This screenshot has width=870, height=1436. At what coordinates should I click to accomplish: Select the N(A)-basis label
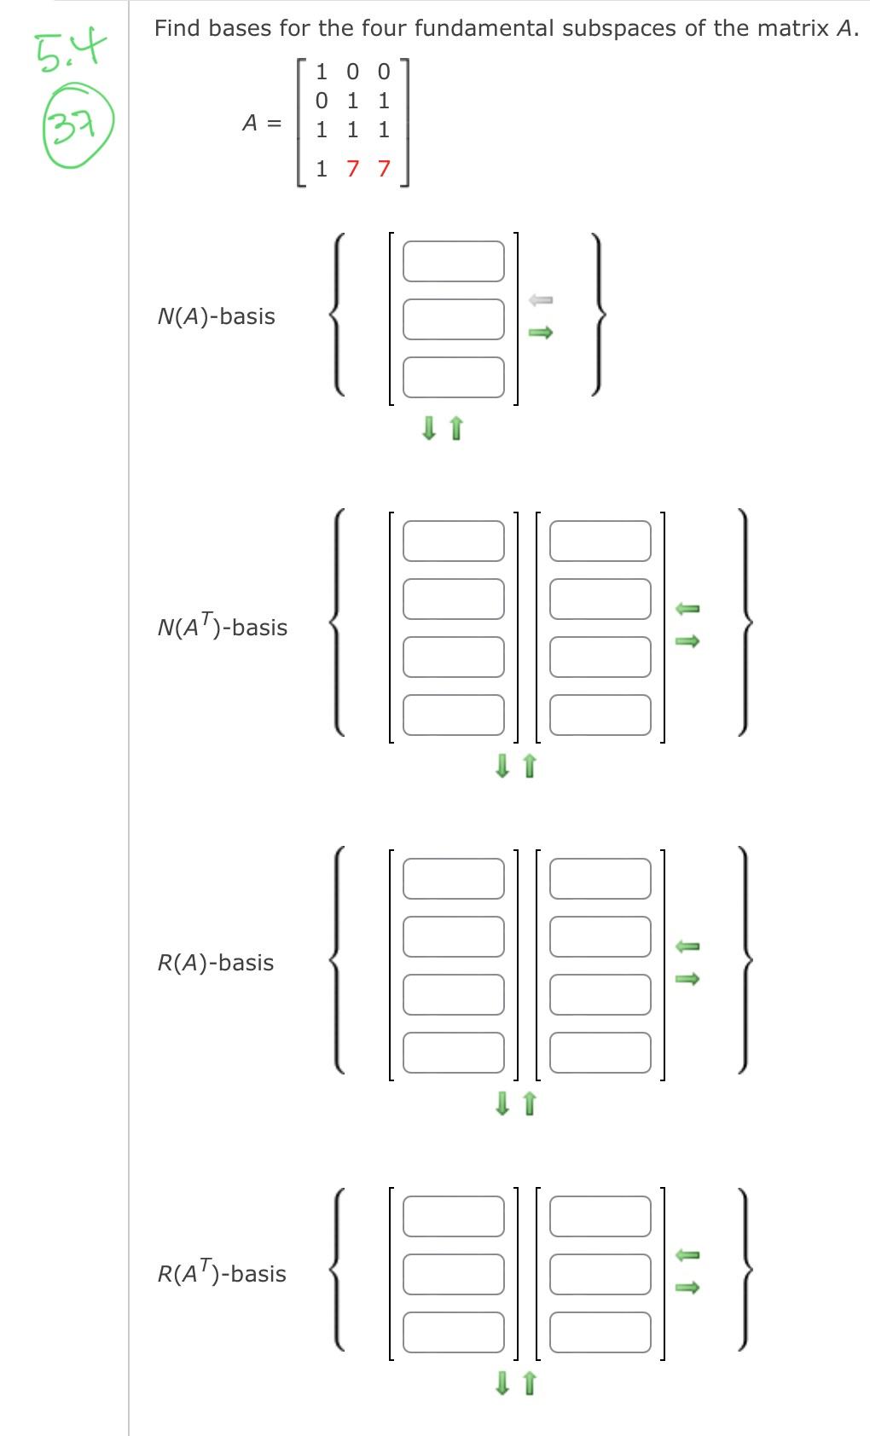click(x=217, y=316)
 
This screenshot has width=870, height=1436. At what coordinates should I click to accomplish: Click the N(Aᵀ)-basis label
click(x=223, y=628)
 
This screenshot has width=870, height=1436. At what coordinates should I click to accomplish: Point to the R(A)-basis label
click(x=216, y=963)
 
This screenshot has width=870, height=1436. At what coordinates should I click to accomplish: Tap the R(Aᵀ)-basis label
click(x=222, y=1274)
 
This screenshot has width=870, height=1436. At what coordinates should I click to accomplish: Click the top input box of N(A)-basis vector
click(x=454, y=261)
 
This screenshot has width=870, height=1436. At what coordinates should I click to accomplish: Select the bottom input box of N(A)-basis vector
click(x=454, y=377)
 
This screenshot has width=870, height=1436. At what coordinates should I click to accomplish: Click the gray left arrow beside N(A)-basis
click(x=541, y=299)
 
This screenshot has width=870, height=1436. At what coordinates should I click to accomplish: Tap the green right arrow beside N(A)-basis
click(x=541, y=333)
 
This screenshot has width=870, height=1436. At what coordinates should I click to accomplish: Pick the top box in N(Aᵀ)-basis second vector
click(x=600, y=541)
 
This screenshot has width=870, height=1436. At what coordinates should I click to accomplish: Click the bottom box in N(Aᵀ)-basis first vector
click(x=454, y=715)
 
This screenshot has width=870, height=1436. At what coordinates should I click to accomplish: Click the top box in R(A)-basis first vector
click(x=454, y=878)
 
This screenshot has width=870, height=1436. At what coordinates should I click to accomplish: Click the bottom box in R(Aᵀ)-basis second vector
click(x=600, y=1332)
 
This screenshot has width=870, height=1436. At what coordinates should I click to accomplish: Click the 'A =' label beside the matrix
click(x=262, y=124)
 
